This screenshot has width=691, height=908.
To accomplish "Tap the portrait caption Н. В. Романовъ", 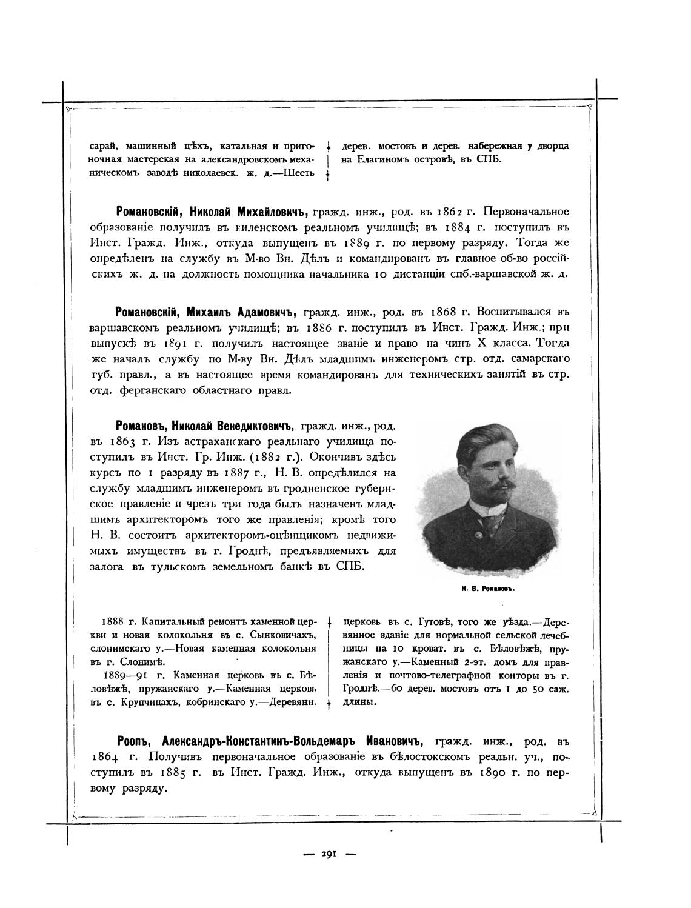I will click(487, 588).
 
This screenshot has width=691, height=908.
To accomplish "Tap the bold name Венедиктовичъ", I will click(252, 423).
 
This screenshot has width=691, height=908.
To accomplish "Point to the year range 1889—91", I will click(125, 675).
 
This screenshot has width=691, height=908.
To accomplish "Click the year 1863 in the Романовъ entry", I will click(131, 439).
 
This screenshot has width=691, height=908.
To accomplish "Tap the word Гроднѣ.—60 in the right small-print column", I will click(370, 689).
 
